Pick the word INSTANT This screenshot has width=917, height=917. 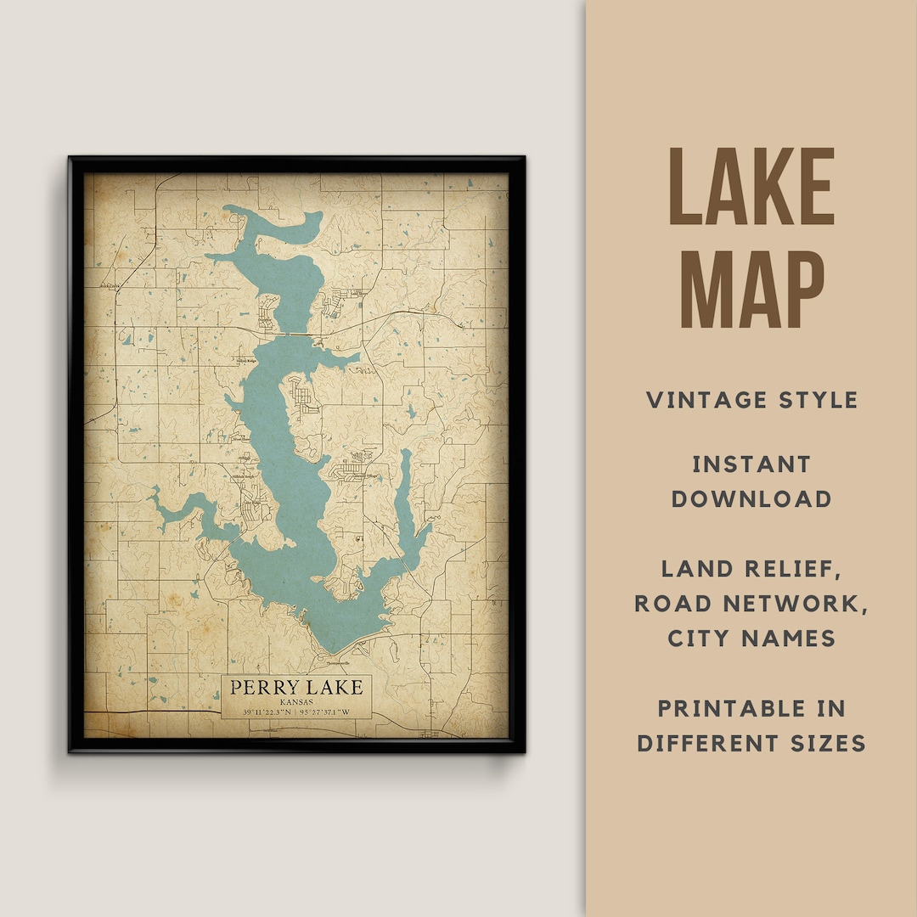tap(751, 464)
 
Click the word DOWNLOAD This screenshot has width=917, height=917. tap(751, 498)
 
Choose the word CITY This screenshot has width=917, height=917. tap(700, 638)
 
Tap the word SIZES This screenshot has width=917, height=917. tap(829, 743)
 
